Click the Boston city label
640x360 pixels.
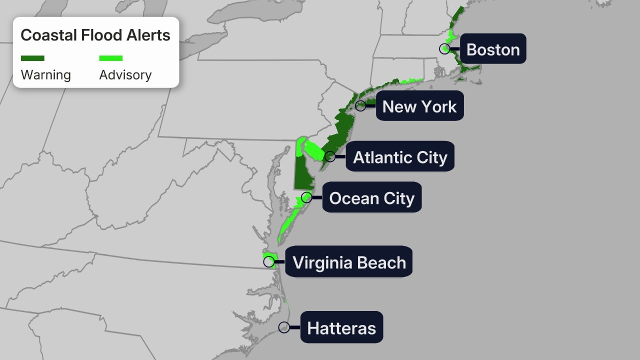pos(492,49)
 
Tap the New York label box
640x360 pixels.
pos(419,106)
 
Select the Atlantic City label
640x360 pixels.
pos(400,157)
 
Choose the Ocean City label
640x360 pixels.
pos(371,198)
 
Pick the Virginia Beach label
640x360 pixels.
pos(348,262)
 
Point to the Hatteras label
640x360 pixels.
pos(341,327)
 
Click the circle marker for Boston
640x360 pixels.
pos(444,48)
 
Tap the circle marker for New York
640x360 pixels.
pos(360,105)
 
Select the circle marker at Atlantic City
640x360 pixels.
pos(330,156)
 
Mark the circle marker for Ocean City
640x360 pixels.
pos(306,197)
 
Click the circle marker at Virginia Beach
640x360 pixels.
pos(269,261)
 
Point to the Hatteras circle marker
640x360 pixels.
pos(284,327)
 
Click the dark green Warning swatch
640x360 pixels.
pos(32,58)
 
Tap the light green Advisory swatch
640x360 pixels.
pos(110,58)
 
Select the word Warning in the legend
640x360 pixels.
pos(45,75)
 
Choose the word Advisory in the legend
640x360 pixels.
pos(125,75)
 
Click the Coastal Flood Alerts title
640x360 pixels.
pos(95,35)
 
